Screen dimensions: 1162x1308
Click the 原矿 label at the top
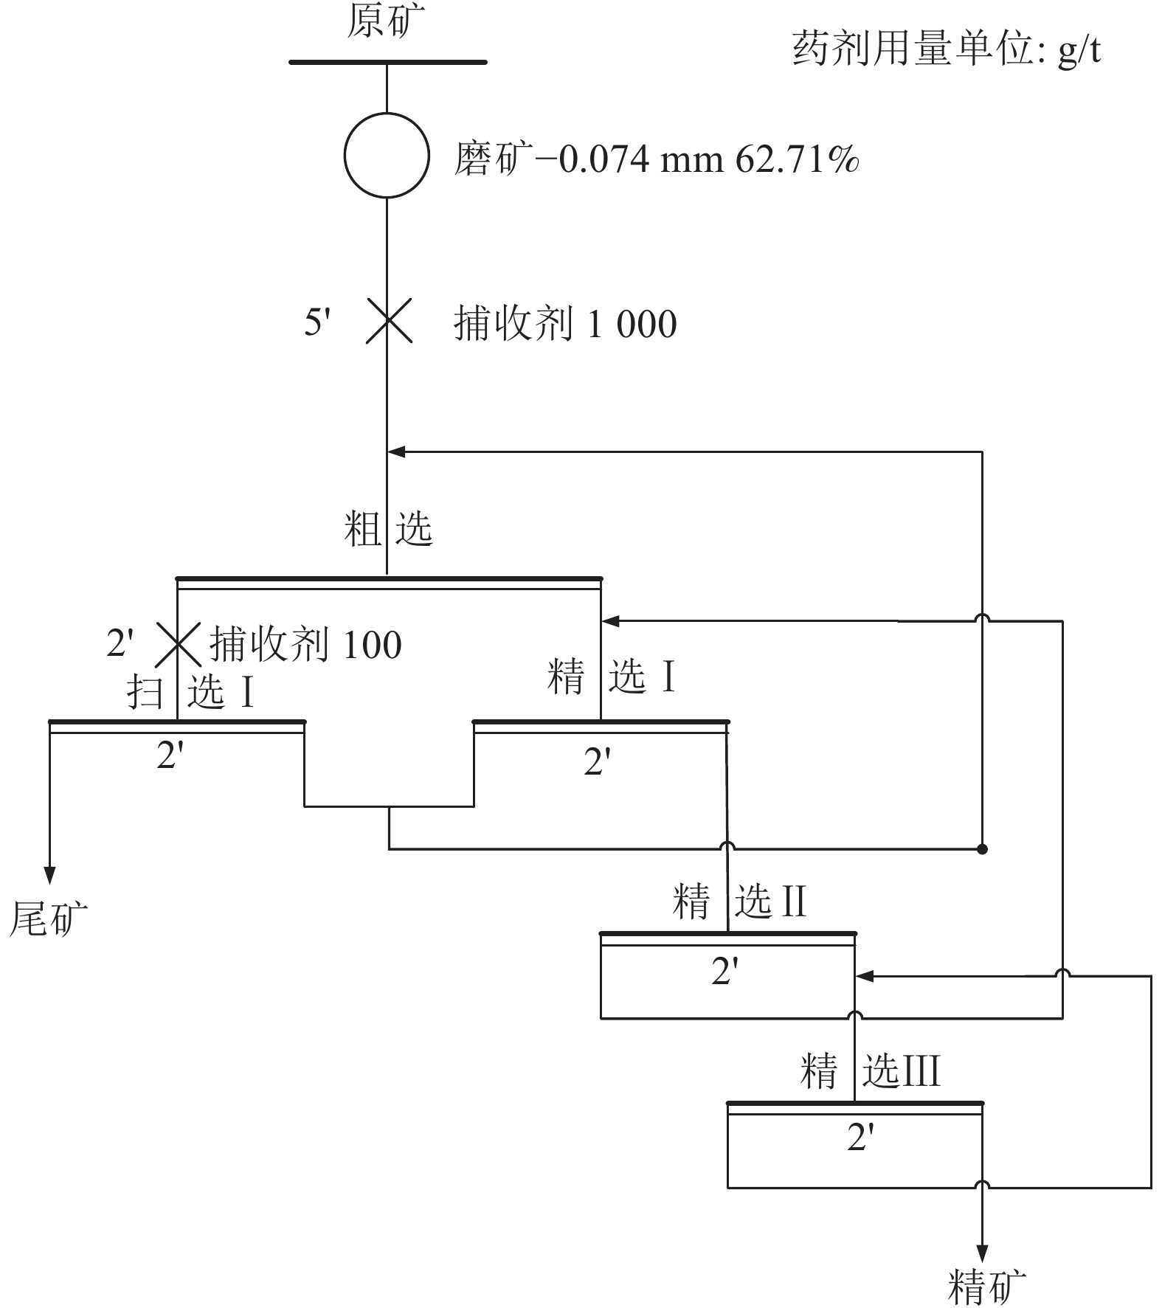coord(386,21)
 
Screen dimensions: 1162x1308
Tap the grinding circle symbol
coord(387,114)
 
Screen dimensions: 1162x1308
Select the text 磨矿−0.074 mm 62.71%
coord(656,159)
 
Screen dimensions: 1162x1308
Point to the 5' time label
coord(317,322)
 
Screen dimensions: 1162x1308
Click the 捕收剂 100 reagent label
coord(305,644)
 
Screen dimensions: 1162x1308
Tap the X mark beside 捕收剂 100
coord(178,644)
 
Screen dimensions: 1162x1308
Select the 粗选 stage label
coord(388,530)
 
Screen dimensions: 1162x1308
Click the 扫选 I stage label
coord(191,692)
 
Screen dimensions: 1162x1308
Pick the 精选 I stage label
coord(612,677)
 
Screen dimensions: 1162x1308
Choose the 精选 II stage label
coord(740,902)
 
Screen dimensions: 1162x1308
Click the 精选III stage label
coord(871,1071)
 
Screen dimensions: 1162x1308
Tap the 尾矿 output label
coord(48,919)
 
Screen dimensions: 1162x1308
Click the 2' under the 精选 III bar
coord(860,1138)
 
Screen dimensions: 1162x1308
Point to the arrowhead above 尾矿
coord(49,875)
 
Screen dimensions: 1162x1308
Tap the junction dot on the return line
coord(982,849)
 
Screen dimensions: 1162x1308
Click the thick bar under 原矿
coord(388,62)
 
